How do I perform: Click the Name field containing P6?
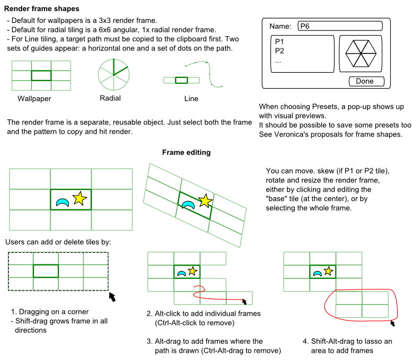pos(340,26)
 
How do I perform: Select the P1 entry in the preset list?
pos(279,42)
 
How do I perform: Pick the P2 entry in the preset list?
pos(279,51)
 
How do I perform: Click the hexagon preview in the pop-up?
pos(361,53)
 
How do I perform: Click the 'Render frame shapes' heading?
pos(42,9)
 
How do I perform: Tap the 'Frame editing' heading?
pos(186,152)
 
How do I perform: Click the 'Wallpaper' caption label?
pos(34,99)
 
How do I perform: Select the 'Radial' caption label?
pos(110,98)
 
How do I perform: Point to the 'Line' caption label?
pos(191,99)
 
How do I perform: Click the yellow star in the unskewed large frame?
pos(80,198)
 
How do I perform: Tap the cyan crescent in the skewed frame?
pos(188,204)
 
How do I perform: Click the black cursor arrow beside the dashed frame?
pos(112,297)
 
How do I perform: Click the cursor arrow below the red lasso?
pos(394,322)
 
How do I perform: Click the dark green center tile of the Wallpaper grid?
pos(41,76)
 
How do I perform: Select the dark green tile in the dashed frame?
pos(46,271)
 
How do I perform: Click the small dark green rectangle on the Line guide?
pos(181,80)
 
